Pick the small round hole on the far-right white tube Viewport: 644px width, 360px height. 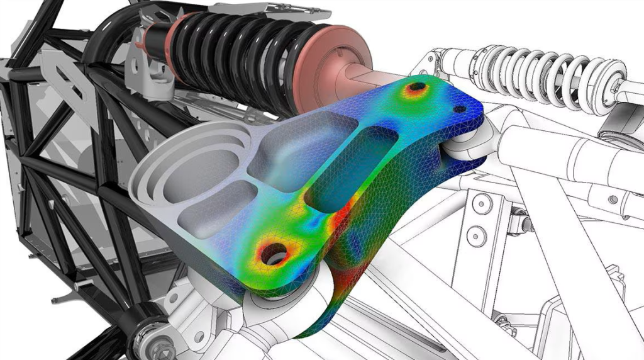click(613, 200)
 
